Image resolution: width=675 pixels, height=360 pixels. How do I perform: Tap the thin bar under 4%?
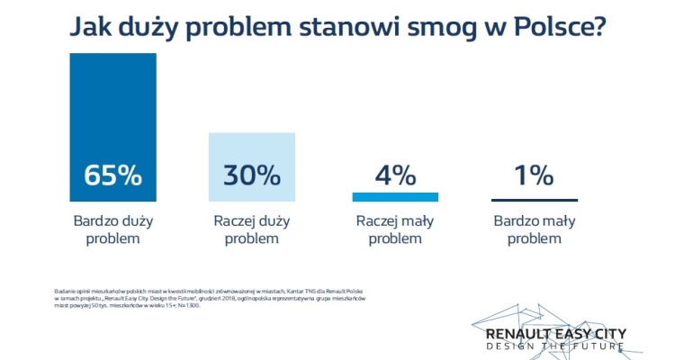pyautogui.click(x=395, y=197)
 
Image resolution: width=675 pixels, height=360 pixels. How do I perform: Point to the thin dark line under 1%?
pyautogui.click(x=534, y=200)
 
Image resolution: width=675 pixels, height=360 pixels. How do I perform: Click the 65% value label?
pyautogui.click(x=112, y=175)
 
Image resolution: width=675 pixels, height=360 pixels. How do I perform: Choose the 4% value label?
pyautogui.click(x=395, y=175)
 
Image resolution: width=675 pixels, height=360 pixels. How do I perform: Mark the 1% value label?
pyautogui.click(x=534, y=175)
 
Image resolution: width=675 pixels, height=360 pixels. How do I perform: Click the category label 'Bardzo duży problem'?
pyautogui.click(x=112, y=229)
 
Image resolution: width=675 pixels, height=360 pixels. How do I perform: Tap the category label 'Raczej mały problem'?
pyautogui.click(x=395, y=229)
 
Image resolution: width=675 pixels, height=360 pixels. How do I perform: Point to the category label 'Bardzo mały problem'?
pyautogui.click(x=534, y=229)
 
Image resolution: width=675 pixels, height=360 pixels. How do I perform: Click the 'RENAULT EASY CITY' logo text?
pyautogui.click(x=555, y=334)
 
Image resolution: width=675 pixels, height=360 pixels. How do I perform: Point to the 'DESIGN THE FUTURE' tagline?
pyautogui.click(x=555, y=347)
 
